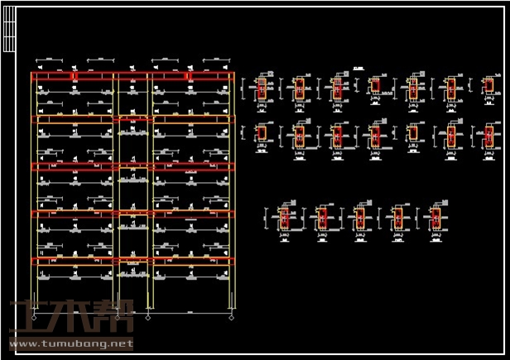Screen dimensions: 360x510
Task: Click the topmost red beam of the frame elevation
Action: [x=132, y=76]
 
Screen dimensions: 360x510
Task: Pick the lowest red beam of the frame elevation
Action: [x=132, y=262]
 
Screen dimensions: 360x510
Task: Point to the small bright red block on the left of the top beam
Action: [x=74, y=76]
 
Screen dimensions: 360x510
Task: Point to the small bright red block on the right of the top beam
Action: [x=189, y=76]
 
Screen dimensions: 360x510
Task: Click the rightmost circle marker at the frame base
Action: [x=232, y=316]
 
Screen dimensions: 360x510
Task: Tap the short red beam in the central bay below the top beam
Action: [x=132, y=121]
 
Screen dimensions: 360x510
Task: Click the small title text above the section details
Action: [x=358, y=69]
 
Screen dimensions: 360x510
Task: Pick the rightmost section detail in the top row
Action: [x=488, y=85]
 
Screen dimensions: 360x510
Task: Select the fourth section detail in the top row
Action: [x=375, y=86]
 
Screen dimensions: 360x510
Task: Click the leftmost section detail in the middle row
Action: [x=261, y=133]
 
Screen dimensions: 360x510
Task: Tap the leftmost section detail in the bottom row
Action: [x=284, y=218]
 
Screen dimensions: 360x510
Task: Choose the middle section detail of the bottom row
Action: [x=359, y=218]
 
